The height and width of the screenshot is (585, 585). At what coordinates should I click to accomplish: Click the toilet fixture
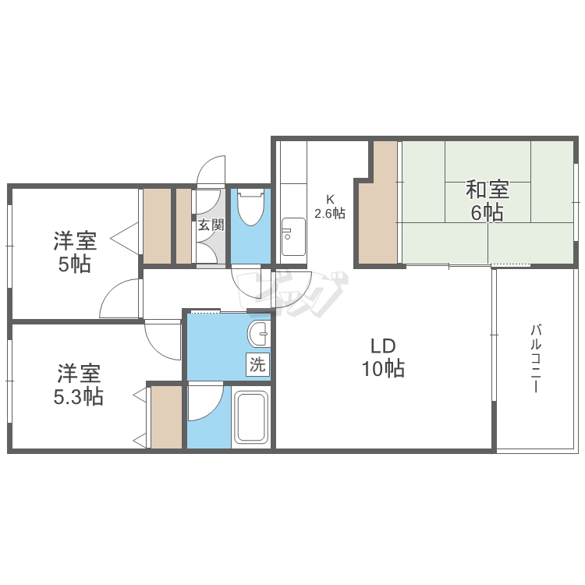250,207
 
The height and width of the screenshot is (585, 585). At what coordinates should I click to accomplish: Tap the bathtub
251,417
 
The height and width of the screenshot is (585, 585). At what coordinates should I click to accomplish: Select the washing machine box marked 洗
257,364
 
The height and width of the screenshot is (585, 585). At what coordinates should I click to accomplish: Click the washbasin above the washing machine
258,334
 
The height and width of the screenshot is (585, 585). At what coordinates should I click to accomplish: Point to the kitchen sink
293,236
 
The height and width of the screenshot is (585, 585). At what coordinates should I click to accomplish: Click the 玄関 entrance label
211,225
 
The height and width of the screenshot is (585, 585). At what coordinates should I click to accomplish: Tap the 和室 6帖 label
487,200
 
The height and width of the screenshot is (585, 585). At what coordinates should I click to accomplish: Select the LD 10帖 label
383,357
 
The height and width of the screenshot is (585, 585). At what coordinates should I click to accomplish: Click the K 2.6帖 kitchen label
330,207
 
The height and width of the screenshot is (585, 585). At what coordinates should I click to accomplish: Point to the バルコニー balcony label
536,359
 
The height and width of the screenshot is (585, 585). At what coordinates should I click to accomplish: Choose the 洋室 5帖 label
75,252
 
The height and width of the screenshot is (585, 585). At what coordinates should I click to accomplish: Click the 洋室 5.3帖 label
78,385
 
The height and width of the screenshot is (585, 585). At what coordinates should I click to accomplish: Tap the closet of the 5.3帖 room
166,417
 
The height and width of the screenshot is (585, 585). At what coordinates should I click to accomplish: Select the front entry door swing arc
211,170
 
